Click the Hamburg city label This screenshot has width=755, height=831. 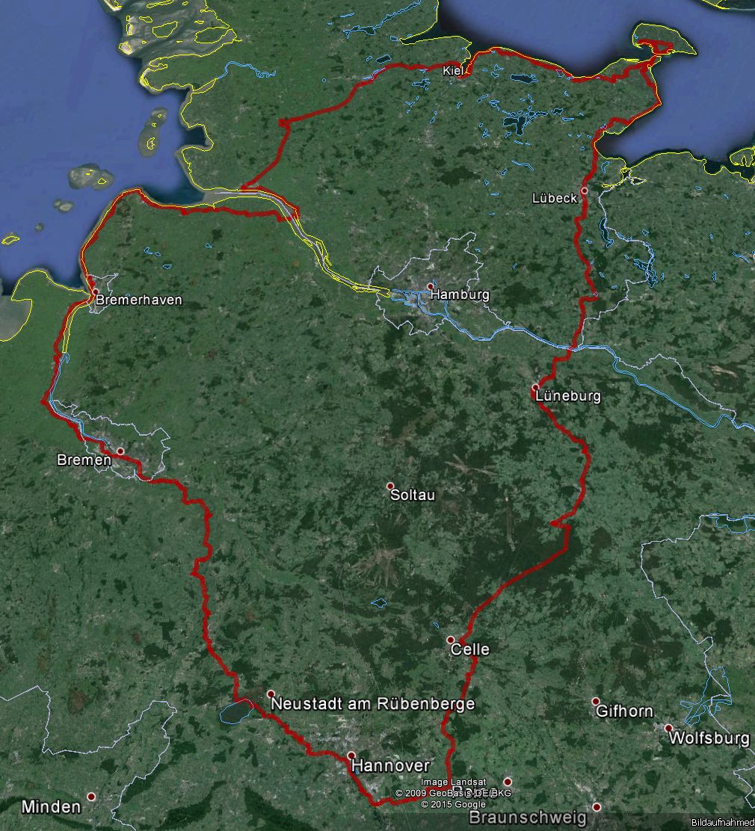pyautogui.click(x=460, y=294)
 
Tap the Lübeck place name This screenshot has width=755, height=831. pyautogui.click(x=555, y=198)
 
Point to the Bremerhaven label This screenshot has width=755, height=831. pyautogui.click(x=139, y=300)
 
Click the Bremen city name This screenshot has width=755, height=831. pyautogui.click(x=84, y=460)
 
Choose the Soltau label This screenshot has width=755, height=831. pyautogui.click(x=413, y=495)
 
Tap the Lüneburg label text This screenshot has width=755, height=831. pyautogui.click(x=567, y=395)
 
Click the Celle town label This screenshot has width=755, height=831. pyautogui.click(x=470, y=649)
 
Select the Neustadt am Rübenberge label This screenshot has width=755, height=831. pyautogui.click(x=372, y=704)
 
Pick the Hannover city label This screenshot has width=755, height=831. pyautogui.click(x=390, y=765)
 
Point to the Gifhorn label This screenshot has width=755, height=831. pyautogui.click(x=624, y=711)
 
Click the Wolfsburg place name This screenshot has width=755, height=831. pyautogui.click(x=709, y=738)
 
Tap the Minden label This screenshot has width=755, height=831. pyautogui.click(x=51, y=806)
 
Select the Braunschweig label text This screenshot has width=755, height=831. pyautogui.click(x=528, y=818)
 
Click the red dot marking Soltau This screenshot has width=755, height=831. pyautogui.click(x=390, y=486)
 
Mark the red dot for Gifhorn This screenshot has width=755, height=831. pyautogui.click(x=596, y=701)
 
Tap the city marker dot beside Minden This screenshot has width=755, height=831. pyautogui.click(x=91, y=797)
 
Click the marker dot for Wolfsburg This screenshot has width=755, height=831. pyautogui.click(x=668, y=728)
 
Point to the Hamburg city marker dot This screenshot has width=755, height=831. pyautogui.click(x=431, y=285)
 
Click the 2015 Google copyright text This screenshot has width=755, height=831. pyautogui.click(x=453, y=804)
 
